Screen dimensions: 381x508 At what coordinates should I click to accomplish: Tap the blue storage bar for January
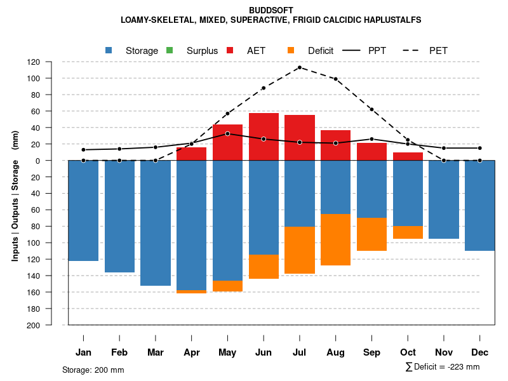point(83,210)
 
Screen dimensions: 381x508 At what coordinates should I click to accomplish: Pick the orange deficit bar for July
point(300,250)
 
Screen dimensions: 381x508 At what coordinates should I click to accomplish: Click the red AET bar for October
point(408,156)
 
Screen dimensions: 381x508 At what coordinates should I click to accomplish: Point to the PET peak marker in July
point(300,67)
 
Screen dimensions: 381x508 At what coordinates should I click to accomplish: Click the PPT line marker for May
point(227,134)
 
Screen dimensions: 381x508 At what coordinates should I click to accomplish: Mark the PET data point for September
point(371,109)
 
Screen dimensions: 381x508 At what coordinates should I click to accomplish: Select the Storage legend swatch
point(109,50)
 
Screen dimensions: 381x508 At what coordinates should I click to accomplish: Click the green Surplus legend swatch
point(170,50)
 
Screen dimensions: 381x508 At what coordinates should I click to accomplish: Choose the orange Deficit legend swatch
point(291,50)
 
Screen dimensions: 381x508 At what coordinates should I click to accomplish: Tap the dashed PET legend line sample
point(413,50)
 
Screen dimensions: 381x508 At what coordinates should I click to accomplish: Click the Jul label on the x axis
point(300,352)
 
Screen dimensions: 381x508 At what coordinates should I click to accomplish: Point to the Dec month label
point(480,352)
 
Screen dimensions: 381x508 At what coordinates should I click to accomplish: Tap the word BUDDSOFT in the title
point(271,11)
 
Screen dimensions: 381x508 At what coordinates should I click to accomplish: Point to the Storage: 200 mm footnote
point(93,370)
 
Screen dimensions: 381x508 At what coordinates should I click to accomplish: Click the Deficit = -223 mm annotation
point(444,367)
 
